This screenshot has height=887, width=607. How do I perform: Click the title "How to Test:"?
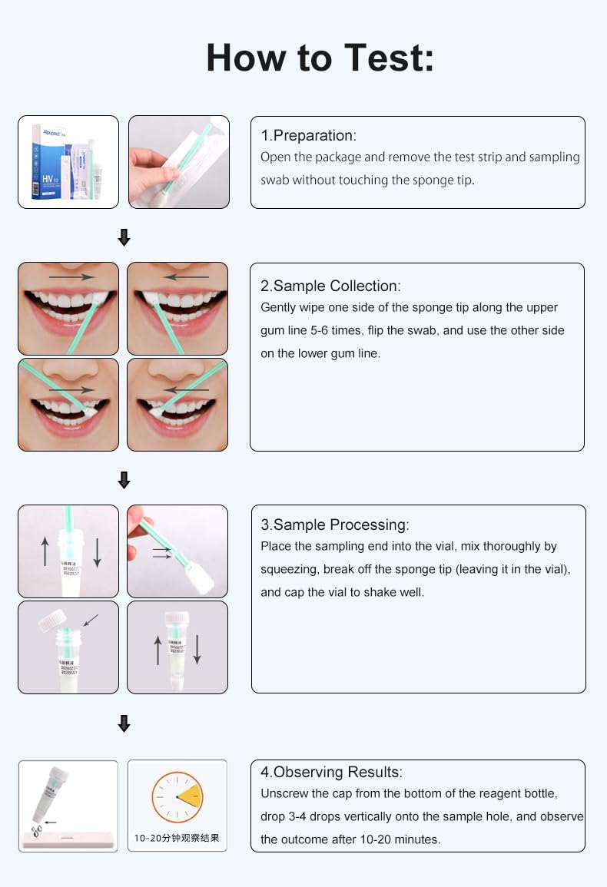coord(320,58)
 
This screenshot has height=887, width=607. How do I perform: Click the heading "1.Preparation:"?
coord(308,136)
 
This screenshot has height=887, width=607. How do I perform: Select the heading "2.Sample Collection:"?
coord(330,286)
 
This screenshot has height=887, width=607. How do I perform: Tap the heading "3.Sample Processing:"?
coord(334,525)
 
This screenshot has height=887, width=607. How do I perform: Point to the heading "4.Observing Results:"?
coord(331,773)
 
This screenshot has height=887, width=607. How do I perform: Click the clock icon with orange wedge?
coord(177,797)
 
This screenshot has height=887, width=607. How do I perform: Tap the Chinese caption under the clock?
coord(177,838)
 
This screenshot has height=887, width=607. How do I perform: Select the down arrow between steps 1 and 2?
coord(124,239)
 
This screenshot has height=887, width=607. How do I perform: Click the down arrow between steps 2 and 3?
coord(124,481)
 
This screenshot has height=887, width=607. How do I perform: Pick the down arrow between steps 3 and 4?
coord(124,723)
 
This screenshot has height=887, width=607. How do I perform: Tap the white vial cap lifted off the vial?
coord(52,620)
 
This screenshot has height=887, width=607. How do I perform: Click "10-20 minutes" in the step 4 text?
coord(404,839)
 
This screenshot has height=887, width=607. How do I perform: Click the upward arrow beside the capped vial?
coord(158,650)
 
